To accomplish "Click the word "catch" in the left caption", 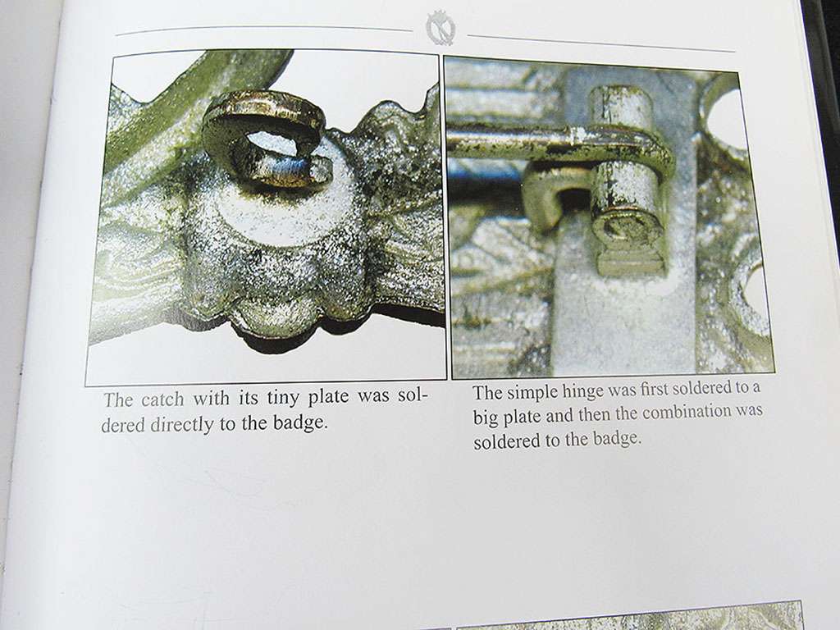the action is click(x=162, y=400).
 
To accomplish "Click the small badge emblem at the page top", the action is click(x=441, y=28).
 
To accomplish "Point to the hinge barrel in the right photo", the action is click(x=625, y=177).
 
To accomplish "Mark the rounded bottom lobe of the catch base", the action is click(x=272, y=319).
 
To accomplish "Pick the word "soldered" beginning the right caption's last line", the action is click(x=507, y=442).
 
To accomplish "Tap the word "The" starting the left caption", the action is click(x=118, y=400).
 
